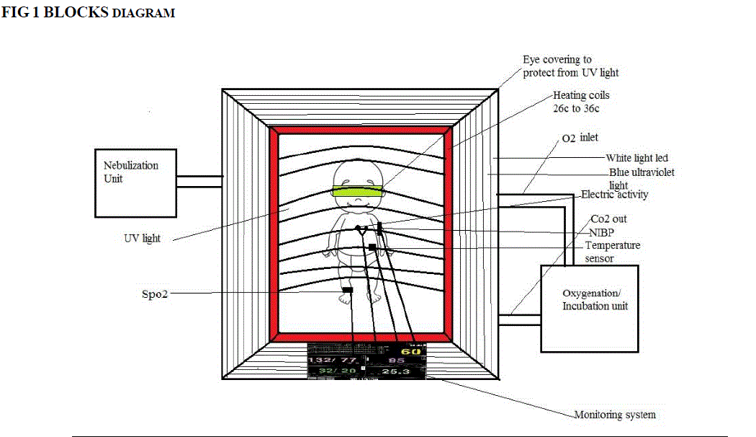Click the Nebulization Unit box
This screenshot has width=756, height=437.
135,182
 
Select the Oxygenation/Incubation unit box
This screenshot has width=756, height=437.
589,308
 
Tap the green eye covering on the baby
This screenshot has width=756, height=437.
358,190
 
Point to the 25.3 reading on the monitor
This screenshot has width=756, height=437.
395,371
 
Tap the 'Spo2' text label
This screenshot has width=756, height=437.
154,294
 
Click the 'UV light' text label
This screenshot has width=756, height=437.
142,237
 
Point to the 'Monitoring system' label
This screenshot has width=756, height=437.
614,415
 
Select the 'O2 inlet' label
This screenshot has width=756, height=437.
579,137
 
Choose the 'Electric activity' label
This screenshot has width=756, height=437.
614,194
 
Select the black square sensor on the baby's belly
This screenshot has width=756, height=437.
372,247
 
